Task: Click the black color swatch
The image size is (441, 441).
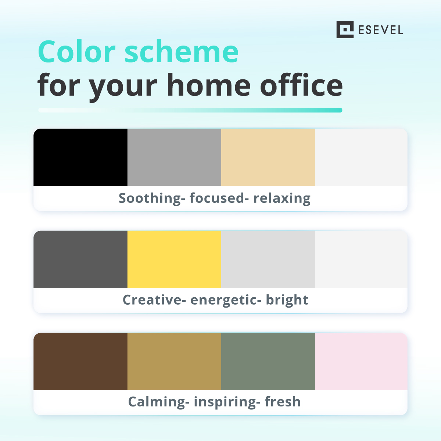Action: pos(80,157)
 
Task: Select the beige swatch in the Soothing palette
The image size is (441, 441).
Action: pos(268,157)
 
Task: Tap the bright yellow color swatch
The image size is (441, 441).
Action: pos(174,259)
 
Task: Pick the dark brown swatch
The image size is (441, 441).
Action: pos(80,362)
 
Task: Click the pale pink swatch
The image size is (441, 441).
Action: pos(361,362)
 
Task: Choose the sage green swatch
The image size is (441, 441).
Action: pos(268,362)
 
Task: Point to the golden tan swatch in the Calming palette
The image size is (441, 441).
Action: pos(174,362)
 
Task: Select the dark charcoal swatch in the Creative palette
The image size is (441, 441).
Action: pos(80,259)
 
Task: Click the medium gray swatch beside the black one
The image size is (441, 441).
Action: pos(174,157)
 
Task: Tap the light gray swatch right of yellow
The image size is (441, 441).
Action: pos(268,259)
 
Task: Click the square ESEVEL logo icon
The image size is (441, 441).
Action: pos(345,30)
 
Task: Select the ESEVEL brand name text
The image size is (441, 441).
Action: pos(380,30)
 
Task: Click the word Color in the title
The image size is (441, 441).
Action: pos(77,52)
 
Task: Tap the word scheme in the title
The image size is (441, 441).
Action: pos(182,52)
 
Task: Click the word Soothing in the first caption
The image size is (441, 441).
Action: pos(150,198)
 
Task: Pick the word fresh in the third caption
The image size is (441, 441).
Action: pos(283,402)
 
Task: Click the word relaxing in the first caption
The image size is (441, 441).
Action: pos(282,198)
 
